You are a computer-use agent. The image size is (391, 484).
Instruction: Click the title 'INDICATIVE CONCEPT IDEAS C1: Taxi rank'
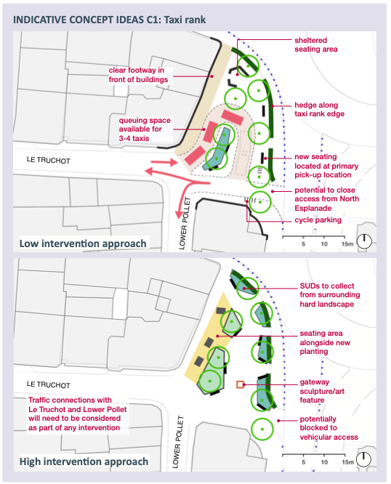pos(109,20)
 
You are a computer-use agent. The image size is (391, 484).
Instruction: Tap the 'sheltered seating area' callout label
pos(315,44)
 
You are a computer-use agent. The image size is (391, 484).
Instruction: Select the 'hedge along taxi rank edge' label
pos(319,109)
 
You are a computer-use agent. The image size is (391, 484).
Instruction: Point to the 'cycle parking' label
pos(318,219)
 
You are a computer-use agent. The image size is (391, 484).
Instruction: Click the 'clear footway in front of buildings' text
pos(138,75)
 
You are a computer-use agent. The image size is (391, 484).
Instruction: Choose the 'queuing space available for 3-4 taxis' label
pos(145,129)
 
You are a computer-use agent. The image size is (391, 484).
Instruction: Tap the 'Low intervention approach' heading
pos(83,243)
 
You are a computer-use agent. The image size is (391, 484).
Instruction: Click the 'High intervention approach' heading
pos(84,461)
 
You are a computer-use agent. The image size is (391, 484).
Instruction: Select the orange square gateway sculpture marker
pos(240,384)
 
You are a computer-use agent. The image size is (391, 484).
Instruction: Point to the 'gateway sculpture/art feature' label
pos(322,391)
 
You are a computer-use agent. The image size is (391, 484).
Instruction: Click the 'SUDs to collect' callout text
pos(327,286)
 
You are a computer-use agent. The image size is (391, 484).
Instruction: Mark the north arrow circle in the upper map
pos(364,241)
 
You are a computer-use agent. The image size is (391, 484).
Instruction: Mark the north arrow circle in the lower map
pos(364,459)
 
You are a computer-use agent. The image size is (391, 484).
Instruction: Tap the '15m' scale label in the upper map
pos(347,244)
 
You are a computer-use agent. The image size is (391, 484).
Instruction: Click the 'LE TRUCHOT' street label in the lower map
pos(49,384)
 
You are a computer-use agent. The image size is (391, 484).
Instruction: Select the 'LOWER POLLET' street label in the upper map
pos(184,223)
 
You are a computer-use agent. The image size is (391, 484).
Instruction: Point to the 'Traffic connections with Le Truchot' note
pos(78,414)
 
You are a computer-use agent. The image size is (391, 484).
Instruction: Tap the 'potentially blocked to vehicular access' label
pos(328,428)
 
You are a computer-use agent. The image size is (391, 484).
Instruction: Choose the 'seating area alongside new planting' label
pos(325,342)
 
